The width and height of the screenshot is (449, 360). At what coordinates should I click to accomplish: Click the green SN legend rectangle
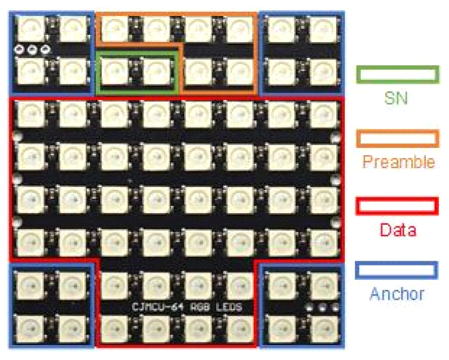(398, 74)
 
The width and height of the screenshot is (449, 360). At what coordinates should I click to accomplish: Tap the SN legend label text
(396, 98)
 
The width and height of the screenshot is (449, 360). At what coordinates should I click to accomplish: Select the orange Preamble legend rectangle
(398, 139)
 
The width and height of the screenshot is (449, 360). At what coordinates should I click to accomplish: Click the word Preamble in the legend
(399, 162)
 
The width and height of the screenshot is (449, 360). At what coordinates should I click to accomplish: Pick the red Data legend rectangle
(397, 205)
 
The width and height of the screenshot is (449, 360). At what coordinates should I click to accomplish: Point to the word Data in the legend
(398, 230)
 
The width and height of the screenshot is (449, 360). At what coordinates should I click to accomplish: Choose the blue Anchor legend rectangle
(397, 270)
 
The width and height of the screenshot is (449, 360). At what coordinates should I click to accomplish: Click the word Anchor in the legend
(397, 294)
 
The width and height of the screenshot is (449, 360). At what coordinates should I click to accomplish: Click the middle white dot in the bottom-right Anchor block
(321, 307)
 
